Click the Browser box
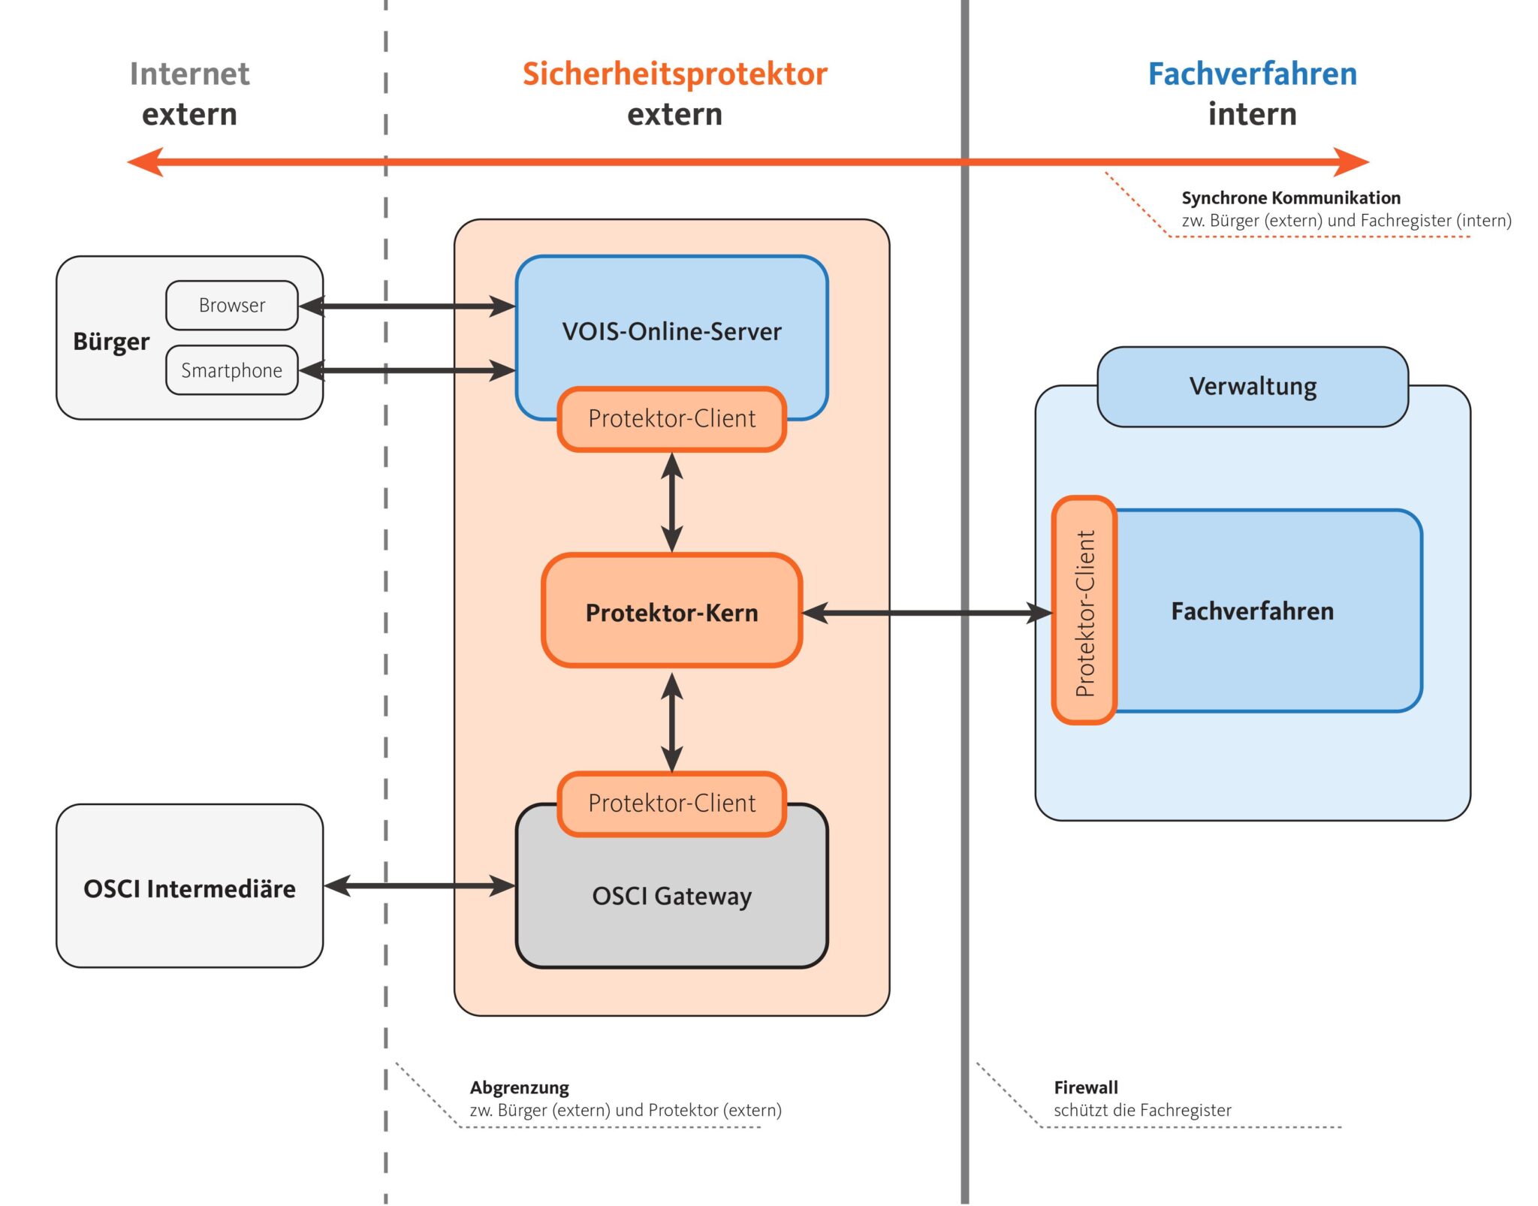[231, 306]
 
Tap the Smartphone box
[231, 370]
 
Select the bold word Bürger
[111, 342]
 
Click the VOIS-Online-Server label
[671, 331]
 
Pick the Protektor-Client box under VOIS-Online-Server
[671, 418]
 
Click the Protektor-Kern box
[671, 612]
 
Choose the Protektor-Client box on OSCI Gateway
[671, 803]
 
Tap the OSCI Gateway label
[671, 896]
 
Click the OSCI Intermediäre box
[189, 888]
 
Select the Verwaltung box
[1252, 387]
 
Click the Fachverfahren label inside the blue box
[1252, 611]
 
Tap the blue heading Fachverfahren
[1252, 74]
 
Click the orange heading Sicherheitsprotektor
[674, 74]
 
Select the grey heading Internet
[189, 74]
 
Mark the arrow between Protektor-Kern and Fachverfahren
[927, 613]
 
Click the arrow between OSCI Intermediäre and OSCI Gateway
[419, 886]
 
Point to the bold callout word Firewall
[1085, 1087]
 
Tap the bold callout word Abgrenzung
[519, 1087]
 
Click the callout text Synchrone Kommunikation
[1290, 197]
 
